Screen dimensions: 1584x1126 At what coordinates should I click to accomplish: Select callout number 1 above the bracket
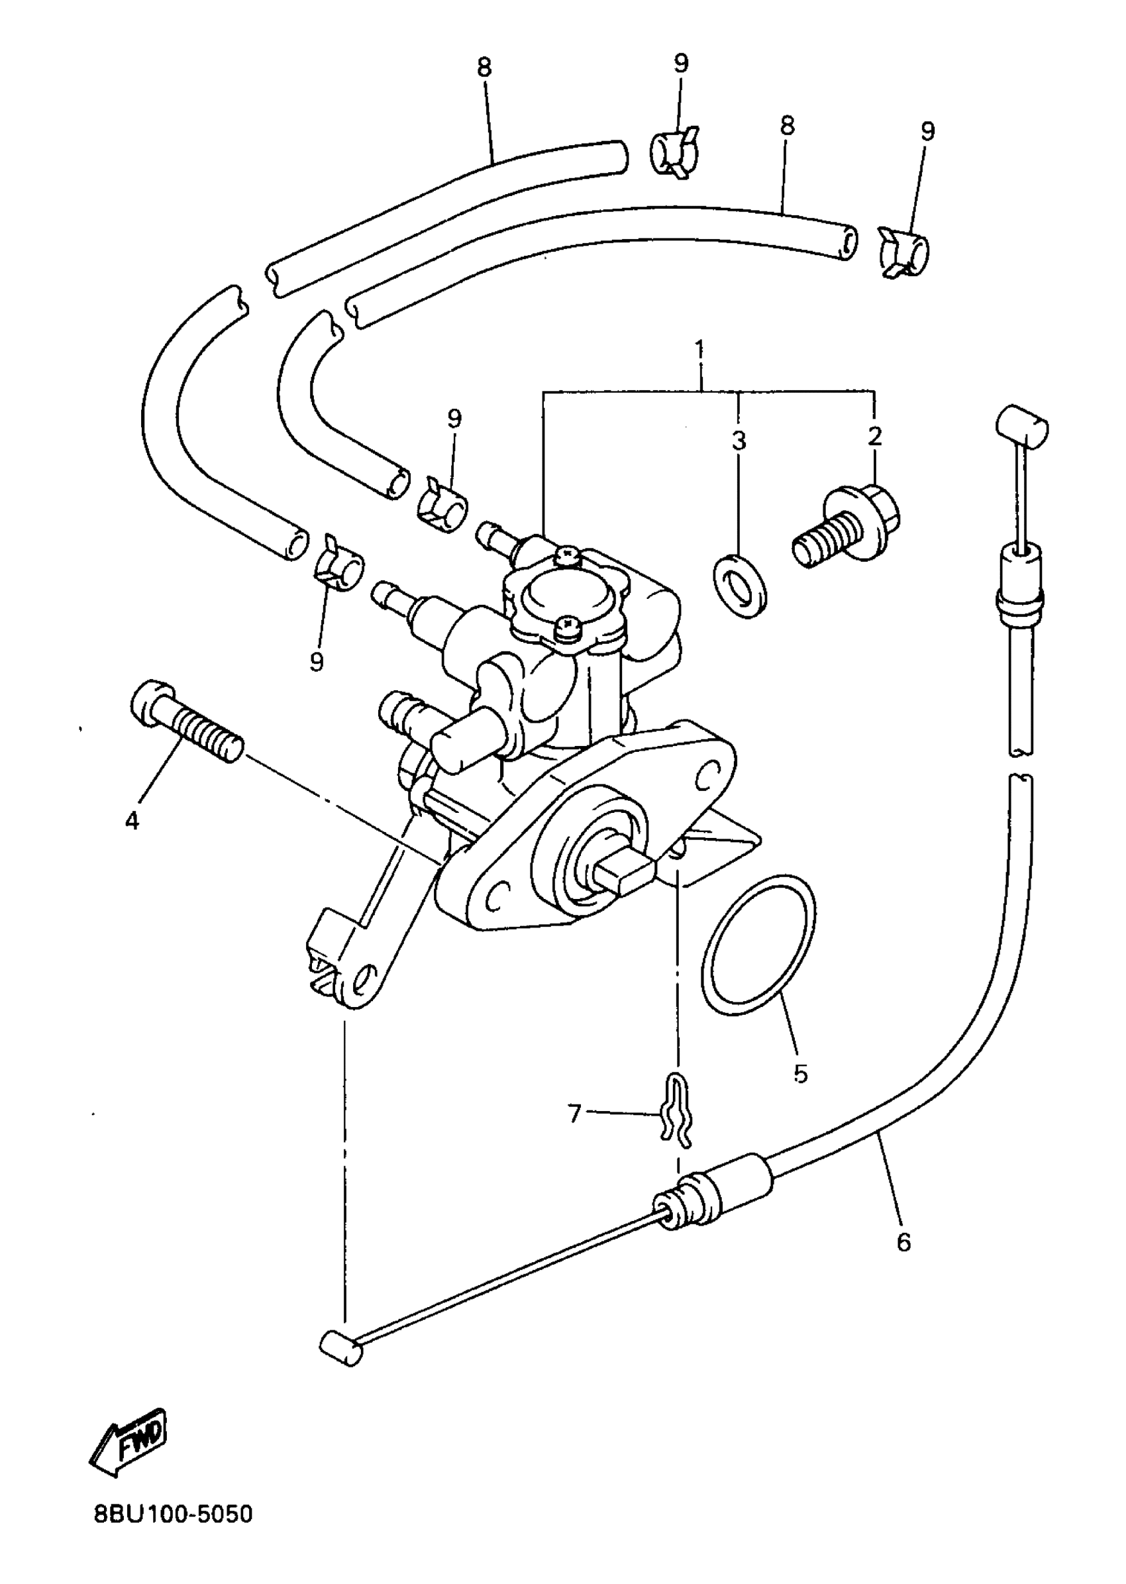point(699,347)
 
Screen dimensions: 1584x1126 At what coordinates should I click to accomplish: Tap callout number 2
point(874,436)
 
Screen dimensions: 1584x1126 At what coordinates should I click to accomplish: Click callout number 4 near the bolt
point(132,820)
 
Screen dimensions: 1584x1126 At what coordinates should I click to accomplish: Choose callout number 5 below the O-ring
point(800,1074)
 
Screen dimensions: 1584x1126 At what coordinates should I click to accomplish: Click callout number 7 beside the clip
point(574,1114)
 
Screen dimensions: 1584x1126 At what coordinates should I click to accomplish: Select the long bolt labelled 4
point(186,721)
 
